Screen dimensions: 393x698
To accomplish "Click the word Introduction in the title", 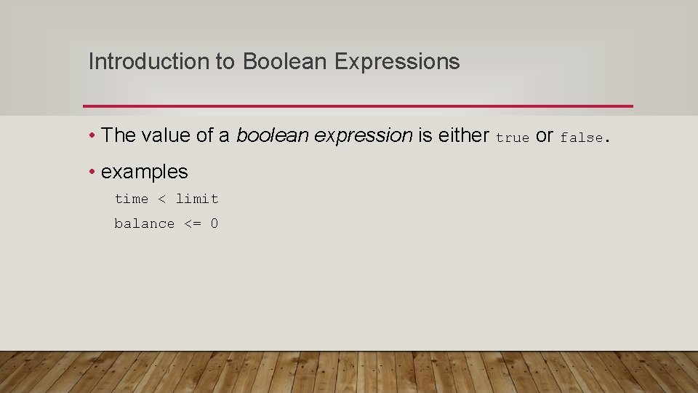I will click(x=148, y=62).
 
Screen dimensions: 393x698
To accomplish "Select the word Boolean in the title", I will click(x=286, y=62).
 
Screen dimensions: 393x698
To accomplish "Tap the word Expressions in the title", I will click(x=397, y=63).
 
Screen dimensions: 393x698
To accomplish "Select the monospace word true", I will click(x=513, y=138).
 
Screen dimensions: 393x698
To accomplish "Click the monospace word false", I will click(x=581, y=138).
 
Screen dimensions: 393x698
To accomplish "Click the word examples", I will click(x=145, y=172).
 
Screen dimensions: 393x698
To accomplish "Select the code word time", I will click(x=132, y=199).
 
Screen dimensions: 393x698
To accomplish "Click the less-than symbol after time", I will click(x=162, y=199).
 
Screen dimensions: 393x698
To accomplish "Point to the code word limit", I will click(x=197, y=199).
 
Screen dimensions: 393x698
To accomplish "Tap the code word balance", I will click(x=144, y=224).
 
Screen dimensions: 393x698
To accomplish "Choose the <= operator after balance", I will click(x=193, y=224).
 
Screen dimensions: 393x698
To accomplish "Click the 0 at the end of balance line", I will click(x=214, y=224).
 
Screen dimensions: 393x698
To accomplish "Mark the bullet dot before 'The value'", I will click(x=93, y=135).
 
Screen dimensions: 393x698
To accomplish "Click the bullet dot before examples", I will click(x=93, y=172).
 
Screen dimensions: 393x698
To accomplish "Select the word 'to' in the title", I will click(x=225, y=63).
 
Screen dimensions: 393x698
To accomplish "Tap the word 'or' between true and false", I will click(x=545, y=136).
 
